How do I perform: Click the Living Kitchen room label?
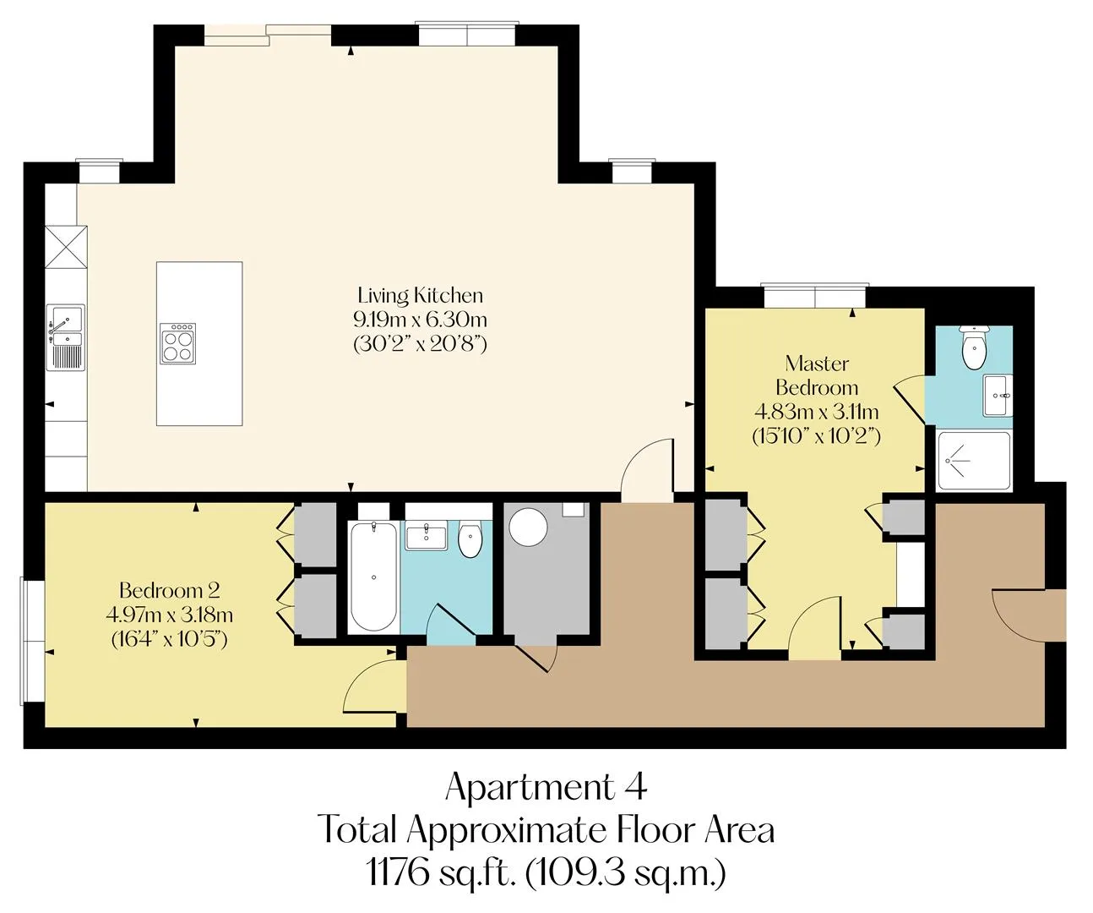420,295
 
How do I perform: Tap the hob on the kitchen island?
178,343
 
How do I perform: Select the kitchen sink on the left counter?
66,338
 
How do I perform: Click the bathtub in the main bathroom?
373,576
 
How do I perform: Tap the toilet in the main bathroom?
470,539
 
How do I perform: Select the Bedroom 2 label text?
169,590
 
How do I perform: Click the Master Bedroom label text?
817,375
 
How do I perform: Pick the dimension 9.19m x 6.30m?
421,320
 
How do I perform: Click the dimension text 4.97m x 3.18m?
169,615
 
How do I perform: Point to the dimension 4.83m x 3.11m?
817,412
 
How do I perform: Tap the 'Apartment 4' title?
546,787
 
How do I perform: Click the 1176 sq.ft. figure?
439,873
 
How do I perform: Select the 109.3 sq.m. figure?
626,873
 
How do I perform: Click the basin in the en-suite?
998,396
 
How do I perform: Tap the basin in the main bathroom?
426,535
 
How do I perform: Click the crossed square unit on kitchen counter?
66,247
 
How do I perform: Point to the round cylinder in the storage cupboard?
528,527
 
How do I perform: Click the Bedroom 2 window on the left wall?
32,640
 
